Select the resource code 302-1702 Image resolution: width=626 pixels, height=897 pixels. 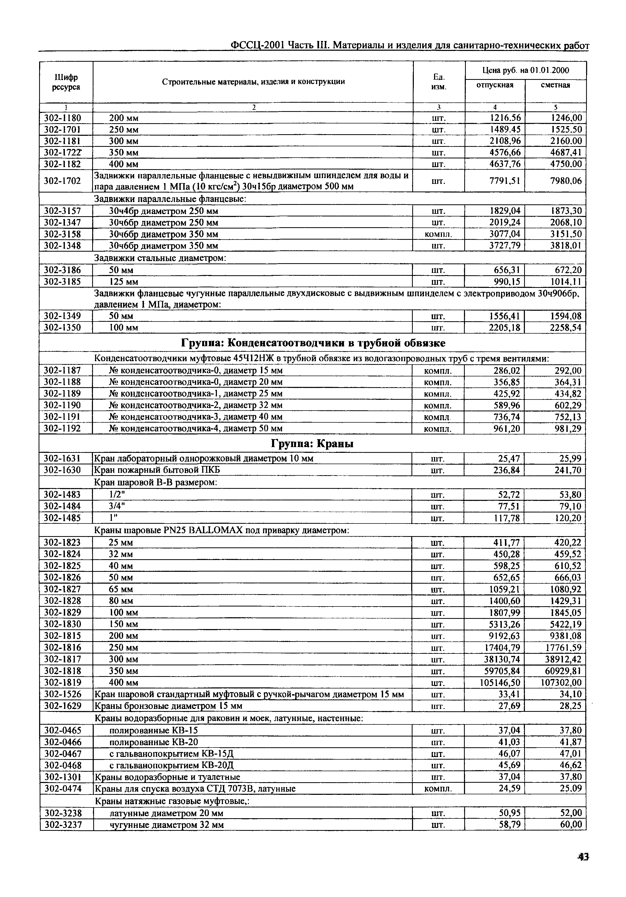tap(62, 180)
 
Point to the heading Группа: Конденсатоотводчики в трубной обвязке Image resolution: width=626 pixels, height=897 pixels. tap(313, 343)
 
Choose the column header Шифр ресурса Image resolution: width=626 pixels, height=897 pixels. tap(66, 82)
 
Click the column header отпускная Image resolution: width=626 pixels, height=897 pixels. tap(495, 85)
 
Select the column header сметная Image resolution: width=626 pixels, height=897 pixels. tap(555, 85)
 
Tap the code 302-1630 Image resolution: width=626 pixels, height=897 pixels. tap(62, 470)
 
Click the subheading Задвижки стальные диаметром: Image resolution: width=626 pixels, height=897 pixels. tap(160, 258)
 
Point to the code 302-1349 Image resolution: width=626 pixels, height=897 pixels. tap(62, 316)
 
